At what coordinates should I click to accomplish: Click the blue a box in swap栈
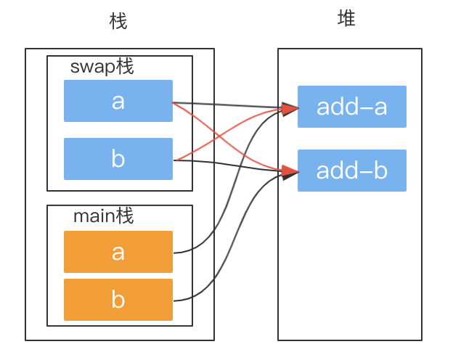(x=118, y=101)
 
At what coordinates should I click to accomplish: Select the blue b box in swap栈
(x=118, y=159)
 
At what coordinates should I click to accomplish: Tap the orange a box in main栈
(x=118, y=252)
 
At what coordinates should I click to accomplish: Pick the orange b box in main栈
(x=118, y=300)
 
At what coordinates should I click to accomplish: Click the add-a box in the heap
(x=352, y=107)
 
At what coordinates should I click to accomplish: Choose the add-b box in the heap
(x=352, y=171)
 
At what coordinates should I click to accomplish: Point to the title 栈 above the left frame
(x=118, y=22)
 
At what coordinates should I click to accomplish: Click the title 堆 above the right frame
(x=347, y=20)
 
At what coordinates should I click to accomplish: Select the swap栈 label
(x=102, y=67)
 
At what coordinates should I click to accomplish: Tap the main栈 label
(x=104, y=216)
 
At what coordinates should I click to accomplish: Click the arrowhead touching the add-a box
(x=290, y=110)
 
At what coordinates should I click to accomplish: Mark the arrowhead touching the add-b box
(x=290, y=172)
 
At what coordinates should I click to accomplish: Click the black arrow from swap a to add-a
(x=232, y=106)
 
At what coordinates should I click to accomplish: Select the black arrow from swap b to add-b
(x=232, y=165)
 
